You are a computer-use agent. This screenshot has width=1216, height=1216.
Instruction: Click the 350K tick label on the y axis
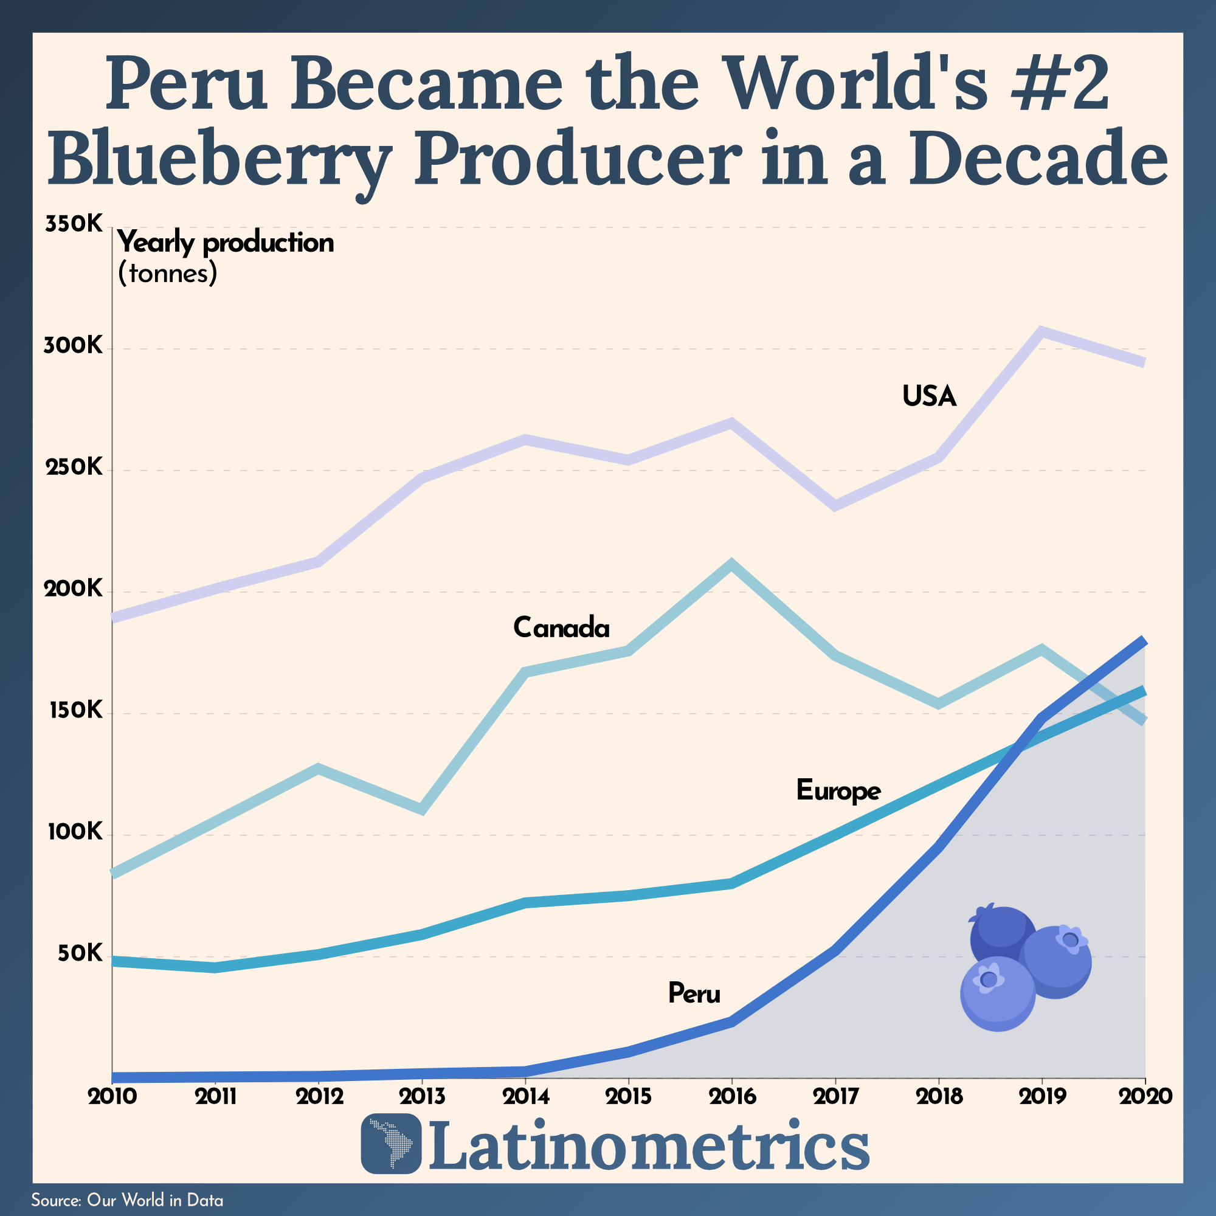coord(73,224)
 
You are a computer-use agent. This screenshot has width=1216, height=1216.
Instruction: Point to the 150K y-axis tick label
coord(73,711)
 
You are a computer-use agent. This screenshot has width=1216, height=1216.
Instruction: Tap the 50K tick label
coord(79,953)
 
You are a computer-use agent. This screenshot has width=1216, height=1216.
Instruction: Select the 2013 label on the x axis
coord(423,1096)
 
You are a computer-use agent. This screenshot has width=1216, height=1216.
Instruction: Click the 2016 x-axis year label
coord(733,1096)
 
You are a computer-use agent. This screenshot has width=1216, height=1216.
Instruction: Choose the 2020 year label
coord(1145,1096)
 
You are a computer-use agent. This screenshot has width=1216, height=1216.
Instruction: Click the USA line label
coord(929,396)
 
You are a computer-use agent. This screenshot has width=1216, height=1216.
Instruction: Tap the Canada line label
coord(561,627)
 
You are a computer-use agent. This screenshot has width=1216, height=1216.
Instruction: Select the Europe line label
coord(838,790)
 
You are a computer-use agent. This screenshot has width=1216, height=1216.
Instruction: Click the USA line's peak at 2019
coord(1042,332)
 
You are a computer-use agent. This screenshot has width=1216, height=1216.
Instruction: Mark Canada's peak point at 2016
coord(731,564)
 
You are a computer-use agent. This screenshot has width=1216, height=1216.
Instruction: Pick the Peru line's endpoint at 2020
coord(1144,641)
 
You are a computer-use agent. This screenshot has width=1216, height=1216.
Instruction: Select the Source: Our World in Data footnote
coord(127,1200)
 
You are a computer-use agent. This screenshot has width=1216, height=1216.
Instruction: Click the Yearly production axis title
coord(226,244)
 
